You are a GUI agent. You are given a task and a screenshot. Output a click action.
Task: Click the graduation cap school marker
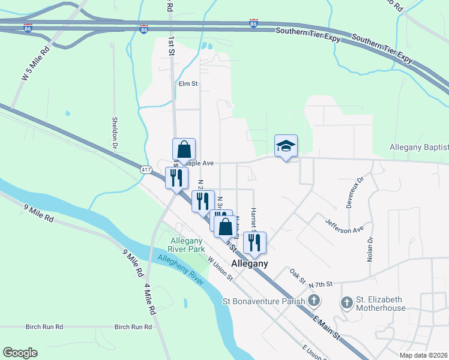(x=286, y=145)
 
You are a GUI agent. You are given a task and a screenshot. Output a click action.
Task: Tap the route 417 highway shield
(x=146, y=170)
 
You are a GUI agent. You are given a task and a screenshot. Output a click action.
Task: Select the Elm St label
(x=188, y=84)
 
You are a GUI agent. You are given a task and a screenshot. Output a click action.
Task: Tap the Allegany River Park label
(x=187, y=245)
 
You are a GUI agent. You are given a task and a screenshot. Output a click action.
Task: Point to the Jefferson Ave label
(x=345, y=225)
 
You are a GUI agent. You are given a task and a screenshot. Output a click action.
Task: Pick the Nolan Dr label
(x=370, y=248)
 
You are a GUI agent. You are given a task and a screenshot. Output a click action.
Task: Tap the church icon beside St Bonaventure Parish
(x=313, y=301)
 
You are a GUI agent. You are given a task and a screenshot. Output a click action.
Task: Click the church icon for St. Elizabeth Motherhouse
(x=346, y=303)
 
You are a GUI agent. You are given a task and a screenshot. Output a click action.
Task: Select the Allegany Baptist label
(x=418, y=147)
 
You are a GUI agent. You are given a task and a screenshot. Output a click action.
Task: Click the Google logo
(x=20, y=353)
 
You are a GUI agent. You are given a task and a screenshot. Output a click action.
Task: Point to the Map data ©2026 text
(x=424, y=355)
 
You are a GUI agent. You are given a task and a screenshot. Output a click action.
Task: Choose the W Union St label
(x=220, y=268)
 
